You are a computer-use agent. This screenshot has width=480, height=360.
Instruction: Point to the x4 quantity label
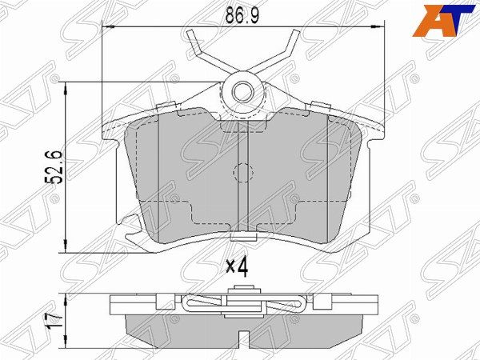tap(238, 266)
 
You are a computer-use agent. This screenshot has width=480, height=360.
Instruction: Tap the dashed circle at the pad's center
tap(242, 172)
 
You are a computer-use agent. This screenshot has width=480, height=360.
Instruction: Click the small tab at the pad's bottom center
tap(241, 237)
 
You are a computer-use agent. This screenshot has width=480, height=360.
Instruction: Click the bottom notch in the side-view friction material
tap(242, 330)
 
